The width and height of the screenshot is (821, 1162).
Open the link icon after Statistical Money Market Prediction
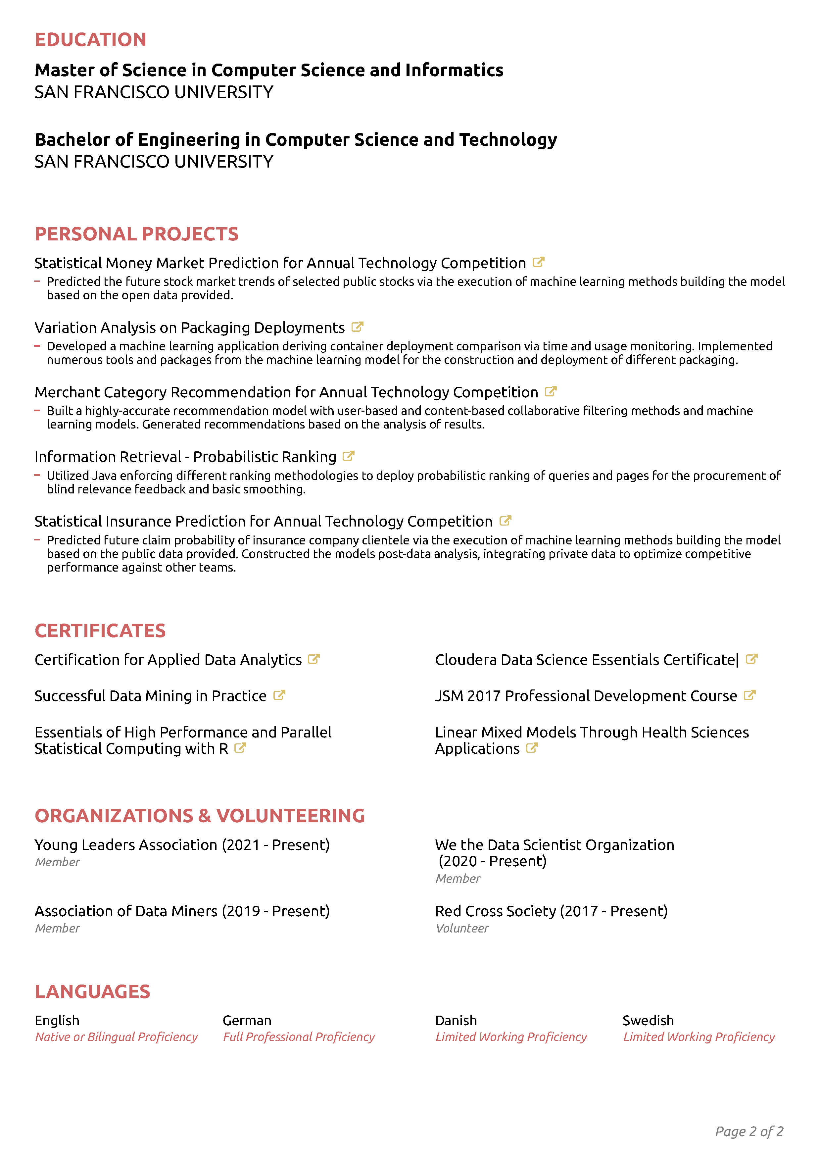point(538,262)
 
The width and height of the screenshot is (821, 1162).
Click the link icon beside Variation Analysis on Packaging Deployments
point(357,327)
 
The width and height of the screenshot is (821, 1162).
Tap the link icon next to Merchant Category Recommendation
point(551,391)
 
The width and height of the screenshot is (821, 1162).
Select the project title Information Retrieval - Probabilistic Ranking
point(185,457)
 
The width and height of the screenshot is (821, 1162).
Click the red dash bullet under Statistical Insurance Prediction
point(37,540)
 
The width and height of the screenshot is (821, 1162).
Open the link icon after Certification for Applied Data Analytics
point(314,659)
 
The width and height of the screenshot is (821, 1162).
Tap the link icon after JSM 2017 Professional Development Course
point(750,695)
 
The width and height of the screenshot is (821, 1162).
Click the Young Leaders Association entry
point(182,845)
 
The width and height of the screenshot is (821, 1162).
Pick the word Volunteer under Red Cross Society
point(462,929)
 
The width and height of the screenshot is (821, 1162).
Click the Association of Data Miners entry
point(182,911)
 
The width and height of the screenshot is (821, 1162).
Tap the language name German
point(247,1021)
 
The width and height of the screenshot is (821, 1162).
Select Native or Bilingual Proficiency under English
point(116,1037)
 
